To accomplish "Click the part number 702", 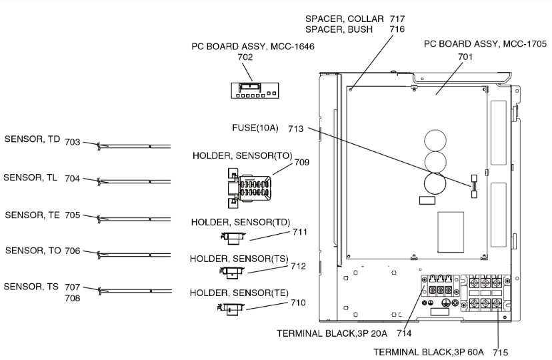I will [x=245, y=58].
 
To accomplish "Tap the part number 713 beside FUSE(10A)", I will [x=296, y=129].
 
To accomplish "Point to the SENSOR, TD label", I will [x=32, y=139].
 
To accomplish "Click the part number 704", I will [x=72, y=179].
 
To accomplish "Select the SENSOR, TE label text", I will [x=32, y=215].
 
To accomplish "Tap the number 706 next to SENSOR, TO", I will [x=72, y=251].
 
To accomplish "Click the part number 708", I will [x=72, y=298].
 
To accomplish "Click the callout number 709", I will [x=302, y=162].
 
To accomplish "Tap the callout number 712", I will [x=298, y=267].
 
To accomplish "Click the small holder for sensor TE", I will [x=231, y=307].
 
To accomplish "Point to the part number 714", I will [x=403, y=333].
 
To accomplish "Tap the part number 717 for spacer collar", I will [x=397, y=19].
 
